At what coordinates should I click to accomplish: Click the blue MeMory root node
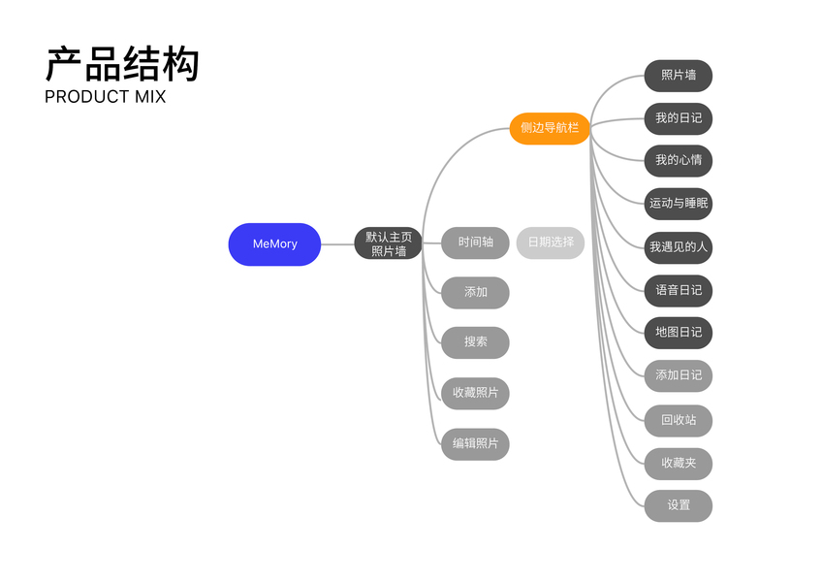(x=274, y=243)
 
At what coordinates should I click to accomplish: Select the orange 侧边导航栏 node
(x=550, y=128)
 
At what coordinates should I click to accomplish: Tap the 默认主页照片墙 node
(x=388, y=243)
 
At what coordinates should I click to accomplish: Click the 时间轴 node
(x=475, y=242)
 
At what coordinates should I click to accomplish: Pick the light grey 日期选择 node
(x=550, y=242)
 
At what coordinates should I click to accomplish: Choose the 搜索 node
(x=475, y=342)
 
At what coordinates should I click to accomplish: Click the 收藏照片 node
(x=475, y=393)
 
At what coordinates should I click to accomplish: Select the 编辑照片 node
(x=475, y=444)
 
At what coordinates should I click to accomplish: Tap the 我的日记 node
(x=679, y=118)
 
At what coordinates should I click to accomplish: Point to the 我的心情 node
(x=679, y=160)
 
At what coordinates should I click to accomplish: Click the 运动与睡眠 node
(x=679, y=204)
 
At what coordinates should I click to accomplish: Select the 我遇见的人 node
(x=679, y=247)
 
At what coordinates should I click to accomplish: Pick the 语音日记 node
(x=679, y=290)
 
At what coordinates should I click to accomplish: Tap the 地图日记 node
(x=679, y=333)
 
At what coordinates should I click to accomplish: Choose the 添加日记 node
(x=679, y=375)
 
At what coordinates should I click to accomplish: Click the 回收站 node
(x=679, y=420)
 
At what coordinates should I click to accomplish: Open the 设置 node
(x=679, y=505)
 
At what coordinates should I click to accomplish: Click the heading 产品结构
(x=122, y=64)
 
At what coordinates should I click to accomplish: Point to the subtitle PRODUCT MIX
(x=105, y=97)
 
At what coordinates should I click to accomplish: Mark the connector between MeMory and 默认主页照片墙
(x=337, y=244)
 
